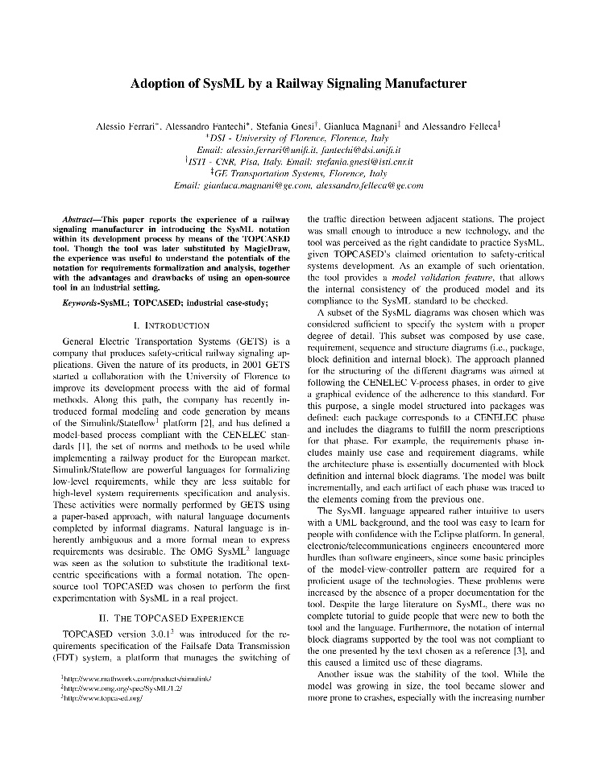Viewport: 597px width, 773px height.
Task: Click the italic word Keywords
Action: [x=82, y=302]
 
